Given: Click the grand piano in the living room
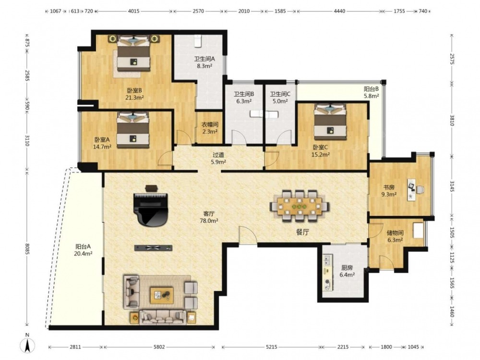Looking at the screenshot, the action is click(x=151, y=209).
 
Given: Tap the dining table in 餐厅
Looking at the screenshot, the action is click(x=300, y=205).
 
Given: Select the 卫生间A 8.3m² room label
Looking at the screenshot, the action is click(x=204, y=62).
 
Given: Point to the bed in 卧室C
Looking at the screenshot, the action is click(x=330, y=122).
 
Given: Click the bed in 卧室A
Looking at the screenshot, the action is click(x=132, y=130).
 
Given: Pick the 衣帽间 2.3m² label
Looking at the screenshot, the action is click(x=210, y=128).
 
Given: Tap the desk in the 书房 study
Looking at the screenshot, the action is click(x=411, y=190).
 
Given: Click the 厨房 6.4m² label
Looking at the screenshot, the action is click(x=347, y=271).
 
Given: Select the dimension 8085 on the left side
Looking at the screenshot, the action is click(x=27, y=249).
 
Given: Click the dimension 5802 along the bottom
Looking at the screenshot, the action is click(x=159, y=347).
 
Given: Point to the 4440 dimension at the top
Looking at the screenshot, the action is click(x=339, y=11).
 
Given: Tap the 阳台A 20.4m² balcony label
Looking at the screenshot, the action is click(x=83, y=250).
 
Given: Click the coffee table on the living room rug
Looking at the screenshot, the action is click(x=162, y=295).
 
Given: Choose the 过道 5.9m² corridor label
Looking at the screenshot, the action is click(x=218, y=158).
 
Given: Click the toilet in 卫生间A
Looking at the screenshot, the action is click(x=197, y=41).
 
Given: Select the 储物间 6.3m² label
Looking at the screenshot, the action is click(x=395, y=236).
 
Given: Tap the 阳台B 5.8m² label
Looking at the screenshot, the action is click(x=372, y=92).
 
